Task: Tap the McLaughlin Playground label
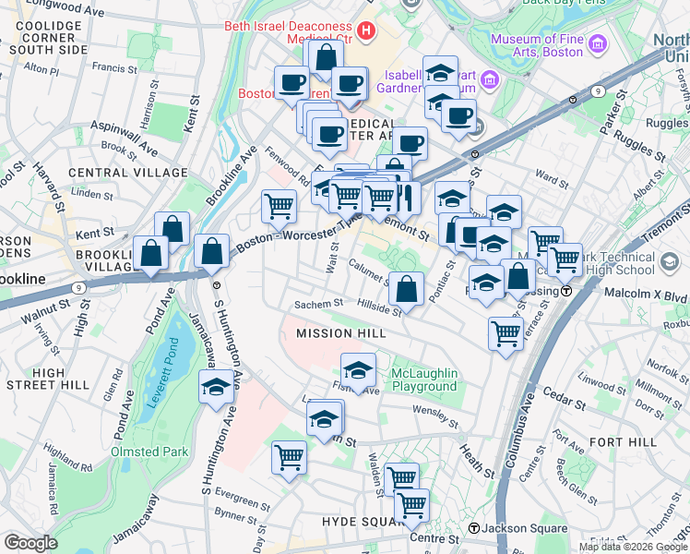423,379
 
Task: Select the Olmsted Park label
149,452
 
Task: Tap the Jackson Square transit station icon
474,528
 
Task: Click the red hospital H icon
366,30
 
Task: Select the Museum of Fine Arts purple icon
597,43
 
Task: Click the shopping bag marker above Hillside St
406,290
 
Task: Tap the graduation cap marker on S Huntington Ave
216,387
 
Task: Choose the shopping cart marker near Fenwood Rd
279,207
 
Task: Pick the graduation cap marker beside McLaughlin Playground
357,371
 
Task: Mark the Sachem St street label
318,304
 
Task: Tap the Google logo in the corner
30,543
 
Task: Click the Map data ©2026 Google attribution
632,547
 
